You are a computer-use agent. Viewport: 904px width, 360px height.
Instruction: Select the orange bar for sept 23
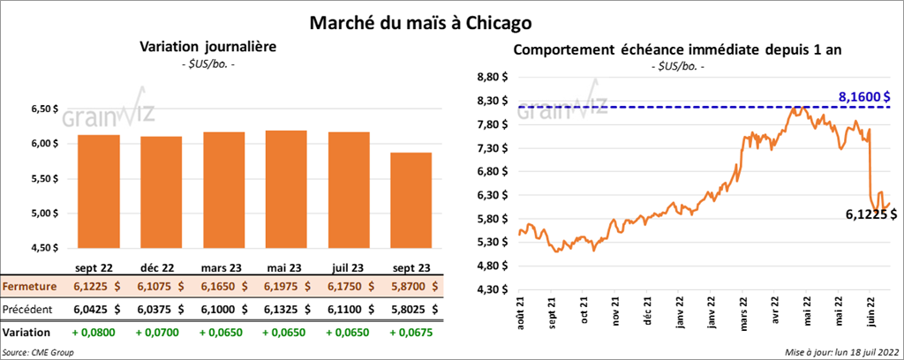click(x=410, y=202)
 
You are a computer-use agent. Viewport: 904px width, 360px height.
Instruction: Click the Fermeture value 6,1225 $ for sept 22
click(x=98, y=287)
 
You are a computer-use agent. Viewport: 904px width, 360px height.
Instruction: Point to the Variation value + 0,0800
click(x=98, y=333)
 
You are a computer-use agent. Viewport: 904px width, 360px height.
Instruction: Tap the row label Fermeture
click(x=31, y=287)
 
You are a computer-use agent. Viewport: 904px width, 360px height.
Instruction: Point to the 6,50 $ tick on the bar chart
click(x=42, y=109)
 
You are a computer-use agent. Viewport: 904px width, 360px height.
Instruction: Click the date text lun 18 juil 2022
click(x=858, y=352)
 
